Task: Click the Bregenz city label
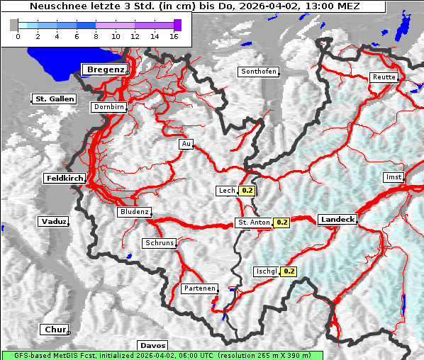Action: pyautogui.click(x=106, y=69)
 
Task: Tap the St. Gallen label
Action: pyautogui.click(x=54, y=99)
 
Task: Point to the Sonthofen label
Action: pyautogui.click(x=258, y=72)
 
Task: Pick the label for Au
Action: pyautogui.click(x=186, y=144)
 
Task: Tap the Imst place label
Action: pyautogui.click(x=392, y=176)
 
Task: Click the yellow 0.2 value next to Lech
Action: pyautogui.click(x=247, y=191)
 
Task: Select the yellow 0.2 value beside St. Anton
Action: pyautogui.click(x=282, y=223)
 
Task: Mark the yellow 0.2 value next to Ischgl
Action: pyautogui.click(x=289, y=271)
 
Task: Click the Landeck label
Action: pyautogui.click(x=337, y=220)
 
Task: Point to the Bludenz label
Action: pyautogui.click(x=134, y=212)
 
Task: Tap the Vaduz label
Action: pyautogui.click(x=54, y=222)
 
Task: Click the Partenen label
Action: pyautogui.click(x=199, y=288)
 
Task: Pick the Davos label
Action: pyautogui.click(x=152, y=345)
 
